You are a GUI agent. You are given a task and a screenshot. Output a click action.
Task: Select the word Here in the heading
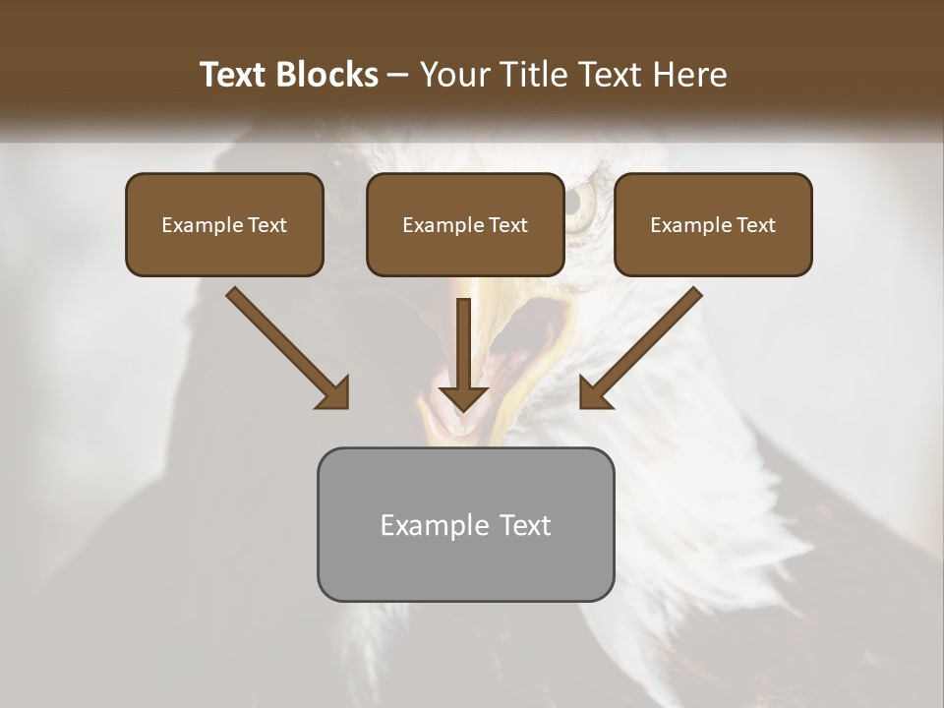coord(691,75)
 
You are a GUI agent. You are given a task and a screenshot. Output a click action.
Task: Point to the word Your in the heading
coord(455,75)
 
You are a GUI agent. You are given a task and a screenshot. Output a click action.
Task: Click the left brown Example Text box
coord(224,224)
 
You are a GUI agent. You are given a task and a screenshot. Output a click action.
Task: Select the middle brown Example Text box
coord(465,224)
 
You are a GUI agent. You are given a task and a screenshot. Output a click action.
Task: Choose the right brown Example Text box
coord(713,224)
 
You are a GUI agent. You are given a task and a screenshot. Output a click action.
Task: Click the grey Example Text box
coord(465,524)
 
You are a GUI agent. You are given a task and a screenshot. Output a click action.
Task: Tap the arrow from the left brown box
coord(285,346)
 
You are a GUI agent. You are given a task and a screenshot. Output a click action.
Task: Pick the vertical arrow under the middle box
coord(463,349)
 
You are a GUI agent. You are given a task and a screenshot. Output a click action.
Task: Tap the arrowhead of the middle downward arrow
coord(463,397)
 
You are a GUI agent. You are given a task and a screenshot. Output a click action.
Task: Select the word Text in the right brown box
coord(755,225)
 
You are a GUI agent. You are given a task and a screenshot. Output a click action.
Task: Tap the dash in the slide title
coord(398,75)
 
